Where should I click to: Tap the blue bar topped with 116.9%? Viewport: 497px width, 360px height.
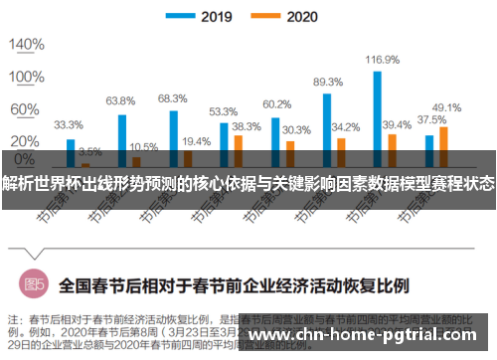[x=378, y=109]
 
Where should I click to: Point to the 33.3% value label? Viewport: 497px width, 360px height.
[x=68, y=125]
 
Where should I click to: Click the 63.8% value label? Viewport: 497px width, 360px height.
[x=120, y=100]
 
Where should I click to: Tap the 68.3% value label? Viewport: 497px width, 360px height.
[x=172, y=97]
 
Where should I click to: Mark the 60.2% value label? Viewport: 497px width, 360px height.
[x=276, y=103]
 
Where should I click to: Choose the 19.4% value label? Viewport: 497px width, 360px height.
[x=196, y=141]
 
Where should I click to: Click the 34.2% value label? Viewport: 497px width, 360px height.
[x=345, y=127]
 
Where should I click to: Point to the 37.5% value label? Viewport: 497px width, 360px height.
[x=430, y=119]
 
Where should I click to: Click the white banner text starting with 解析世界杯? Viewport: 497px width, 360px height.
[x=248, y=182]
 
